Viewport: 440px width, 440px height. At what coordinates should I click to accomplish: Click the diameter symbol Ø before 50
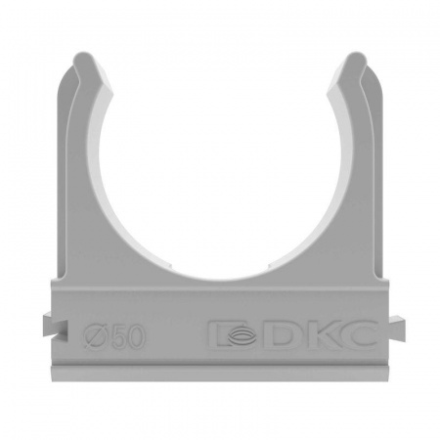tap(96, 337)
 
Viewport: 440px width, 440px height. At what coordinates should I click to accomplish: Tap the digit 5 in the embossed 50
tap(118, 337)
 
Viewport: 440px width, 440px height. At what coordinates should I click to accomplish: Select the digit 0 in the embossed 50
tap(136, 337)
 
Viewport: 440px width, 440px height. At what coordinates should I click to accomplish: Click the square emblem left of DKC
tap(235, 335)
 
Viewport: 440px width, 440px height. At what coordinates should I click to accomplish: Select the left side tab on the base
tap(55, 324)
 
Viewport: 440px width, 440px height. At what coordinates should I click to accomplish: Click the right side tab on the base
tap(393, 327)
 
